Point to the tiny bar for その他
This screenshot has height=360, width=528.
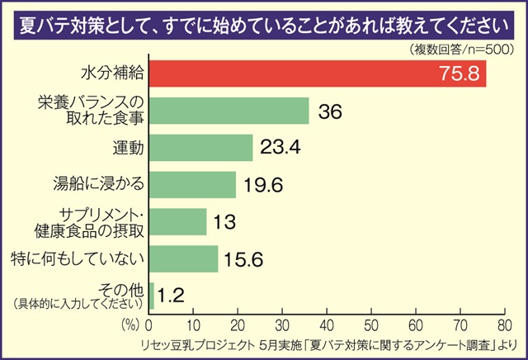pyautogui.click(x=151, y=296)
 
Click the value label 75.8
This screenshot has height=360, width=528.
pyautogui.click(x=459, y=74)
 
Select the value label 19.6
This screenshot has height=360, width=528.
pyautogui.click(x=262, y=185)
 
